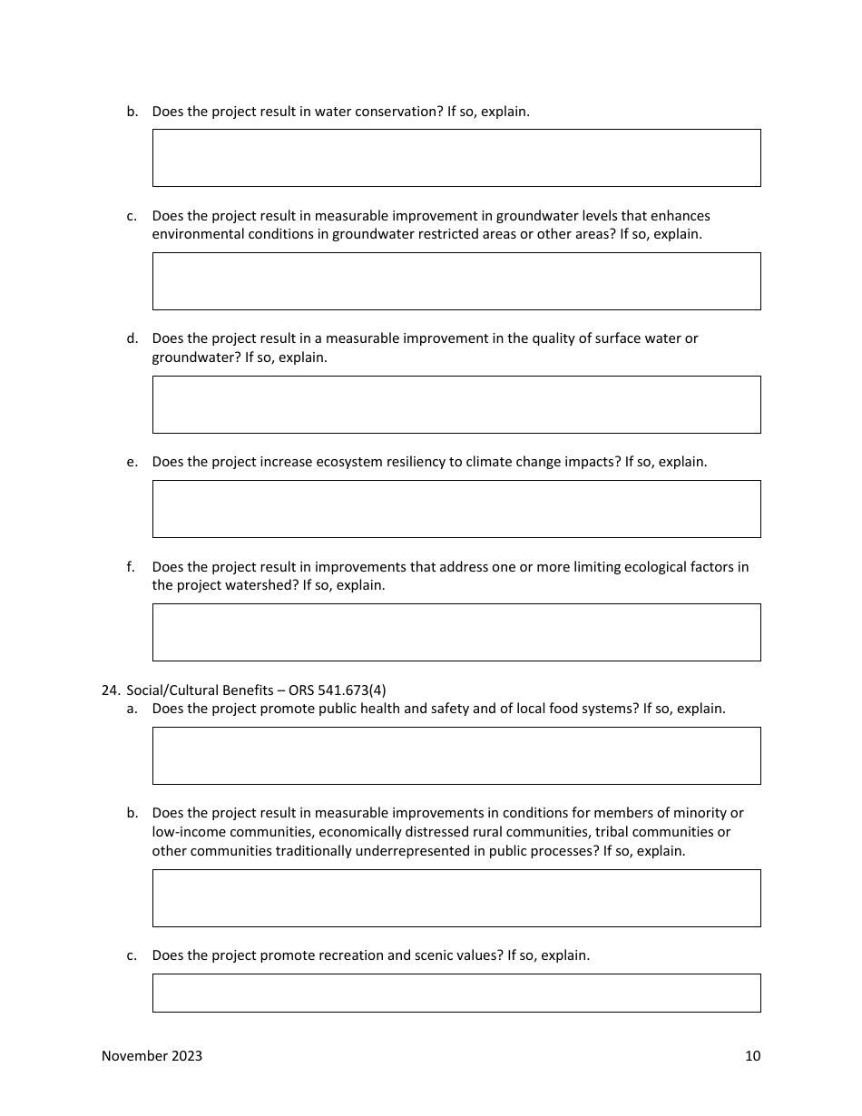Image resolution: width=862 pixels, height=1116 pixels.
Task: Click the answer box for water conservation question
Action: click(456, 158)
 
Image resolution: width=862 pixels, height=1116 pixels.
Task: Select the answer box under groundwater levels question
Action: click(456, 281)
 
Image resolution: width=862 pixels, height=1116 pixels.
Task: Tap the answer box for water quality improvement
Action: click(456, 405)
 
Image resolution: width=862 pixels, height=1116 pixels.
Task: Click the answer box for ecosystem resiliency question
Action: click(456, 509)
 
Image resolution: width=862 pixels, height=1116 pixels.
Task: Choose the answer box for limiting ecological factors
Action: click(456, 632)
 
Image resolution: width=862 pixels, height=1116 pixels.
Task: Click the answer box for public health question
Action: click(456, 756)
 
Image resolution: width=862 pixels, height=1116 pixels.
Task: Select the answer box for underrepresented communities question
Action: click(456, 898)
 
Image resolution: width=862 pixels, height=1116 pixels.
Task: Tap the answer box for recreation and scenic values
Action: click(456, 994)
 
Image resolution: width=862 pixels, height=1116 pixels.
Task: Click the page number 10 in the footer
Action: click(752, 1056)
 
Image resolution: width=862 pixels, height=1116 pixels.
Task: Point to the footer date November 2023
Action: click(152, 1056)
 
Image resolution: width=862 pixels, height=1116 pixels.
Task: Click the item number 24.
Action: click(110, 690)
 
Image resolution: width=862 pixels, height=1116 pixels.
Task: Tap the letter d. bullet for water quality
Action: click(132, 338)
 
